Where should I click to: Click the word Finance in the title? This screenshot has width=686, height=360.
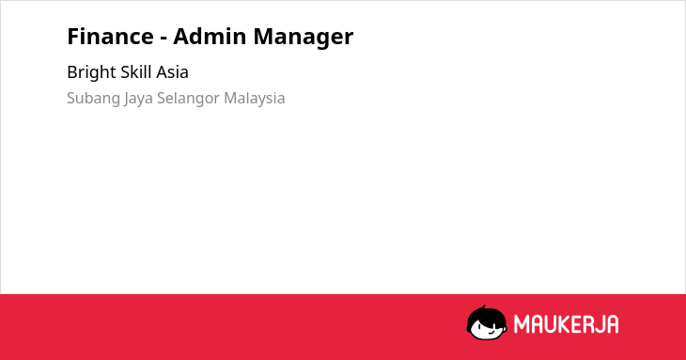[110, 37]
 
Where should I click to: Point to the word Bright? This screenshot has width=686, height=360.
[91, 72]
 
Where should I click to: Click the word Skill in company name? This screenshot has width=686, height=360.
[136, 71]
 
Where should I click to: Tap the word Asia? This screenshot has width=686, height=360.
[172, 72]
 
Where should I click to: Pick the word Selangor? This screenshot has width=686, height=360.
[188, 99]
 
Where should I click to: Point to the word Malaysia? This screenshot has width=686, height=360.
[254, 99]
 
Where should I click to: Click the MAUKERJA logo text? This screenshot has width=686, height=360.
[566, 324]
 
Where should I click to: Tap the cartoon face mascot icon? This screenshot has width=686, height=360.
[487, 323]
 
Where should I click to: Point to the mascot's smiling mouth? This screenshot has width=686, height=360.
[491, 332]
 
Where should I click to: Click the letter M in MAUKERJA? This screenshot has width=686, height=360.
[522, 324]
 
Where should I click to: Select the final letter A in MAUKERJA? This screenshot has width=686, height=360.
[612, 324]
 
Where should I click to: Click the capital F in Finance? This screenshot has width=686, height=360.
[73, 37]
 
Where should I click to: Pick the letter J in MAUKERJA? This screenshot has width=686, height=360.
[598, 324]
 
